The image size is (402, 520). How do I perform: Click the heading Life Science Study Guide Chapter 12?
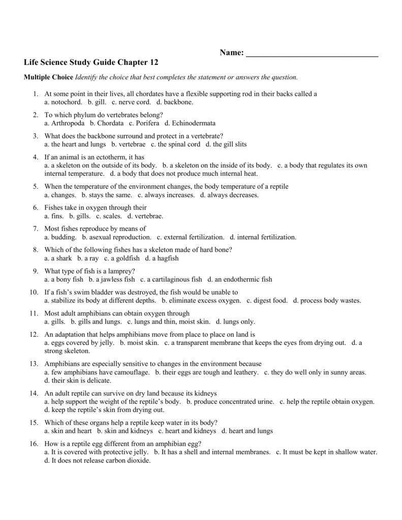click(91, 62)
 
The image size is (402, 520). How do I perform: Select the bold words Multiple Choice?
click(48, 77)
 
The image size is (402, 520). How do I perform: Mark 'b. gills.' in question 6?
click(80, 216)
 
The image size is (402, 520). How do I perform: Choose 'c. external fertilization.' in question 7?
click(191, 237)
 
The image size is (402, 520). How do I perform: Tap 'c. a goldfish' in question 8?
click(121, 258)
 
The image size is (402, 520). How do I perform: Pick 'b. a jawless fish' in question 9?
click(112, 279)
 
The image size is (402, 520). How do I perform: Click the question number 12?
click(34, 335)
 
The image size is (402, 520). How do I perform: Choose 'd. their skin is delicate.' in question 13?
click(77, 380)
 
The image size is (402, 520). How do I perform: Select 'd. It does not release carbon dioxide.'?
click(98, 460)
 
